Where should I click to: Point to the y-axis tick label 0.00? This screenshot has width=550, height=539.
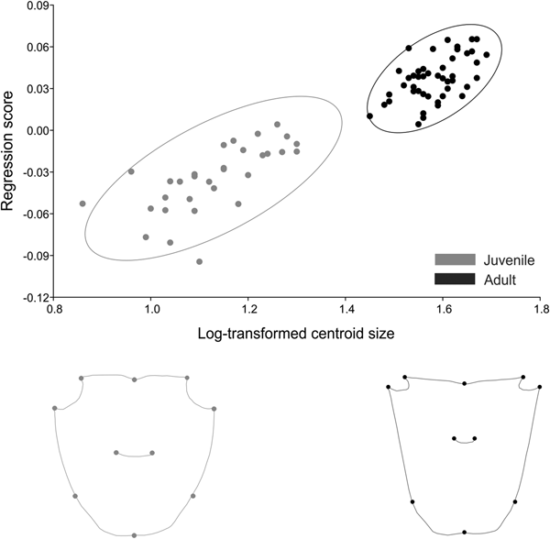[x=37, y=130]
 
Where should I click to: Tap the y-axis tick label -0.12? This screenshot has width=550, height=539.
[x=35, y=298]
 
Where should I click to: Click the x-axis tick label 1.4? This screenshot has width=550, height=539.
[x=346, y=310]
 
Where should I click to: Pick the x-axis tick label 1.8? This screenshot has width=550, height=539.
[x=539, y=310]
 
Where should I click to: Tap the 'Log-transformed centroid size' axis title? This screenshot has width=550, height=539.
[x=296, y=334]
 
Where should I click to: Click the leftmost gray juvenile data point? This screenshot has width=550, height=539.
[x=82, y=203]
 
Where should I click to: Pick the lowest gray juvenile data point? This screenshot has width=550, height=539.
[x=199, y=261]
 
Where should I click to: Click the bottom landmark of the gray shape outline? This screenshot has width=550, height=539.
[x=135, y=534]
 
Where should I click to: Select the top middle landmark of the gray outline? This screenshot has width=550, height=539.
[x=135, y=379]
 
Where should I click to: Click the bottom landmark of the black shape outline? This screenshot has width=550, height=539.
[x=465, y=532]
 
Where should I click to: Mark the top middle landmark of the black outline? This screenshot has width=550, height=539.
[x=465, y=383]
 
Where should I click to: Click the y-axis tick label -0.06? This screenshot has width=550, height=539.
[x=35, y=214]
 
